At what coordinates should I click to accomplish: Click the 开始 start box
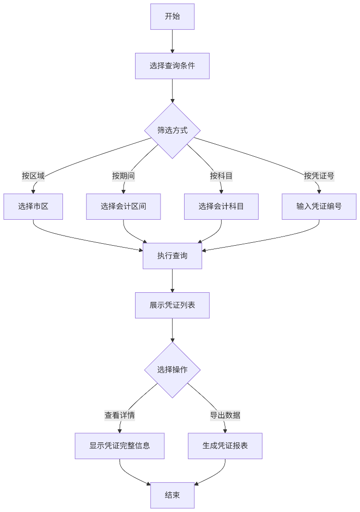tap(172, 16)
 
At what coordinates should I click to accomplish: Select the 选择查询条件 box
tap(172, 66)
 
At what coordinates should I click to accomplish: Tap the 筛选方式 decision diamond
tap(172, 130)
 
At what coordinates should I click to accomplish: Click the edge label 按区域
tap(33, 175)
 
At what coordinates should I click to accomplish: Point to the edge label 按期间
tap(124, 175)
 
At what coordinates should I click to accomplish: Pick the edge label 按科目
tap(221, 175)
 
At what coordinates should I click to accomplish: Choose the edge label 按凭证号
tap(319, 175)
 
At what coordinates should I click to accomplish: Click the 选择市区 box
tap(33, 206)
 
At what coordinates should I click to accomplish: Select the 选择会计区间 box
tap(124, 206)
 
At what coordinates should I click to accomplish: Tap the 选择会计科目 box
tap(221, 206)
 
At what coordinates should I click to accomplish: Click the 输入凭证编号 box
tap(319, 206)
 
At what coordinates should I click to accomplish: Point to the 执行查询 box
tap(172, 256)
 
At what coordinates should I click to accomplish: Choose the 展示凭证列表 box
tap(172, 305)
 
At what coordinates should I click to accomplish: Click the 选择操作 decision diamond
tap(172, 370)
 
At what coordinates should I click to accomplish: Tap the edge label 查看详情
tap(120, 415)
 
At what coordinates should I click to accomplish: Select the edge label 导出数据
tap(225, 415)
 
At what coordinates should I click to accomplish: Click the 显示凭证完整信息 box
tap(120, 446)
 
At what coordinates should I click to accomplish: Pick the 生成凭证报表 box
tap(225, 446)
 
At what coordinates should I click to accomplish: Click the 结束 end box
tap(172, 495)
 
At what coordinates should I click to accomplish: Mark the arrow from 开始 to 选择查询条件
tap(172, 41)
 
